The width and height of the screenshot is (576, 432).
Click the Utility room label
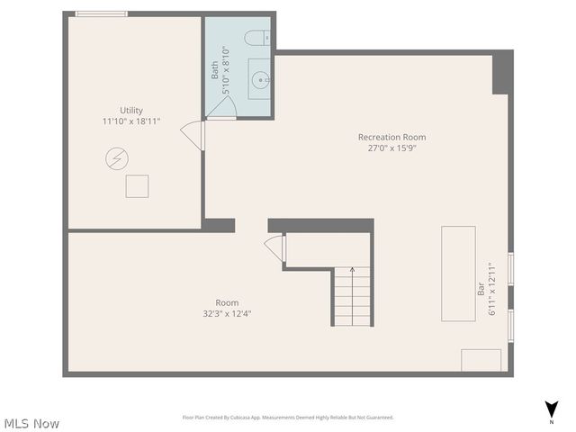point(131,111)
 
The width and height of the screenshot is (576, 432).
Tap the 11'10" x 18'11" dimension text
point(131,121)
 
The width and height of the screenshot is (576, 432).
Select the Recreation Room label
point(391,138)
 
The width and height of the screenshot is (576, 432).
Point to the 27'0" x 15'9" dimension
point(391,148)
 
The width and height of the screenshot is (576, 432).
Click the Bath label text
point(215,70)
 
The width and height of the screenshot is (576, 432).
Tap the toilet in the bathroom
point(256,38)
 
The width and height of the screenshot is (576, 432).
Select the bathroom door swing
point(220,107)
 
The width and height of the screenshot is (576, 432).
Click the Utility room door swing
point(193,135)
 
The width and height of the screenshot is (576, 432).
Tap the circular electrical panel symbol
point(116,160)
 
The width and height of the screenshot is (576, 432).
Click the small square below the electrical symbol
point(137,186)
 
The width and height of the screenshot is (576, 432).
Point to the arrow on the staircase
point(352,269)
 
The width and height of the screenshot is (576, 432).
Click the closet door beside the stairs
point(274,248)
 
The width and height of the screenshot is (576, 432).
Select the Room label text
point(227,303)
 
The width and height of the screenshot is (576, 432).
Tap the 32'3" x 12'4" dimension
point(227,314)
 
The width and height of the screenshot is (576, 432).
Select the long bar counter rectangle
point(458,273)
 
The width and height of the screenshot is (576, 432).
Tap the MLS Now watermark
point(31,423)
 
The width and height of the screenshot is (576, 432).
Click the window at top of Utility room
point(101,13)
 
